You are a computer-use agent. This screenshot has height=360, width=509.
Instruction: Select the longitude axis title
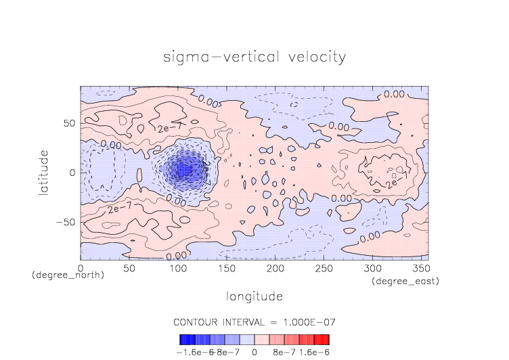coord(254,296)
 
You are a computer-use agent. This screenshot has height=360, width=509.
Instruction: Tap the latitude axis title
coord(44,173)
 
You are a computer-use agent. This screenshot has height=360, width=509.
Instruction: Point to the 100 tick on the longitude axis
coord(177,269)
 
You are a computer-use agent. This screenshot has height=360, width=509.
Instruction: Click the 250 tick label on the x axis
coord(323,269)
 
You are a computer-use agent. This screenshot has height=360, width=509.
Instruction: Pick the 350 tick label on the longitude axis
coord(420,269)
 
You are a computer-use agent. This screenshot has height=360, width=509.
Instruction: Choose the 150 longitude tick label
coord(226,269)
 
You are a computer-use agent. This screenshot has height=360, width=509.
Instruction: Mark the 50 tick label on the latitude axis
coord(69,123)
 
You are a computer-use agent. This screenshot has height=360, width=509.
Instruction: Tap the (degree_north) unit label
coord(68,276)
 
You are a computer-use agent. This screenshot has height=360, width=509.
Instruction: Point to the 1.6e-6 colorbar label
coord(314,352)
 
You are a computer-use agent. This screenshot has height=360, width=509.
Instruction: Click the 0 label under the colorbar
coord(255,352)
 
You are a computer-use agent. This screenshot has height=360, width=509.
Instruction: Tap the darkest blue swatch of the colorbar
coord(183,340)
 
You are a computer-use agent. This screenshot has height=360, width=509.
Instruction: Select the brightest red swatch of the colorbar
coord(326,340)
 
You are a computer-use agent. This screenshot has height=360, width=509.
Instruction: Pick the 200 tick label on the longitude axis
coord(274,269)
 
